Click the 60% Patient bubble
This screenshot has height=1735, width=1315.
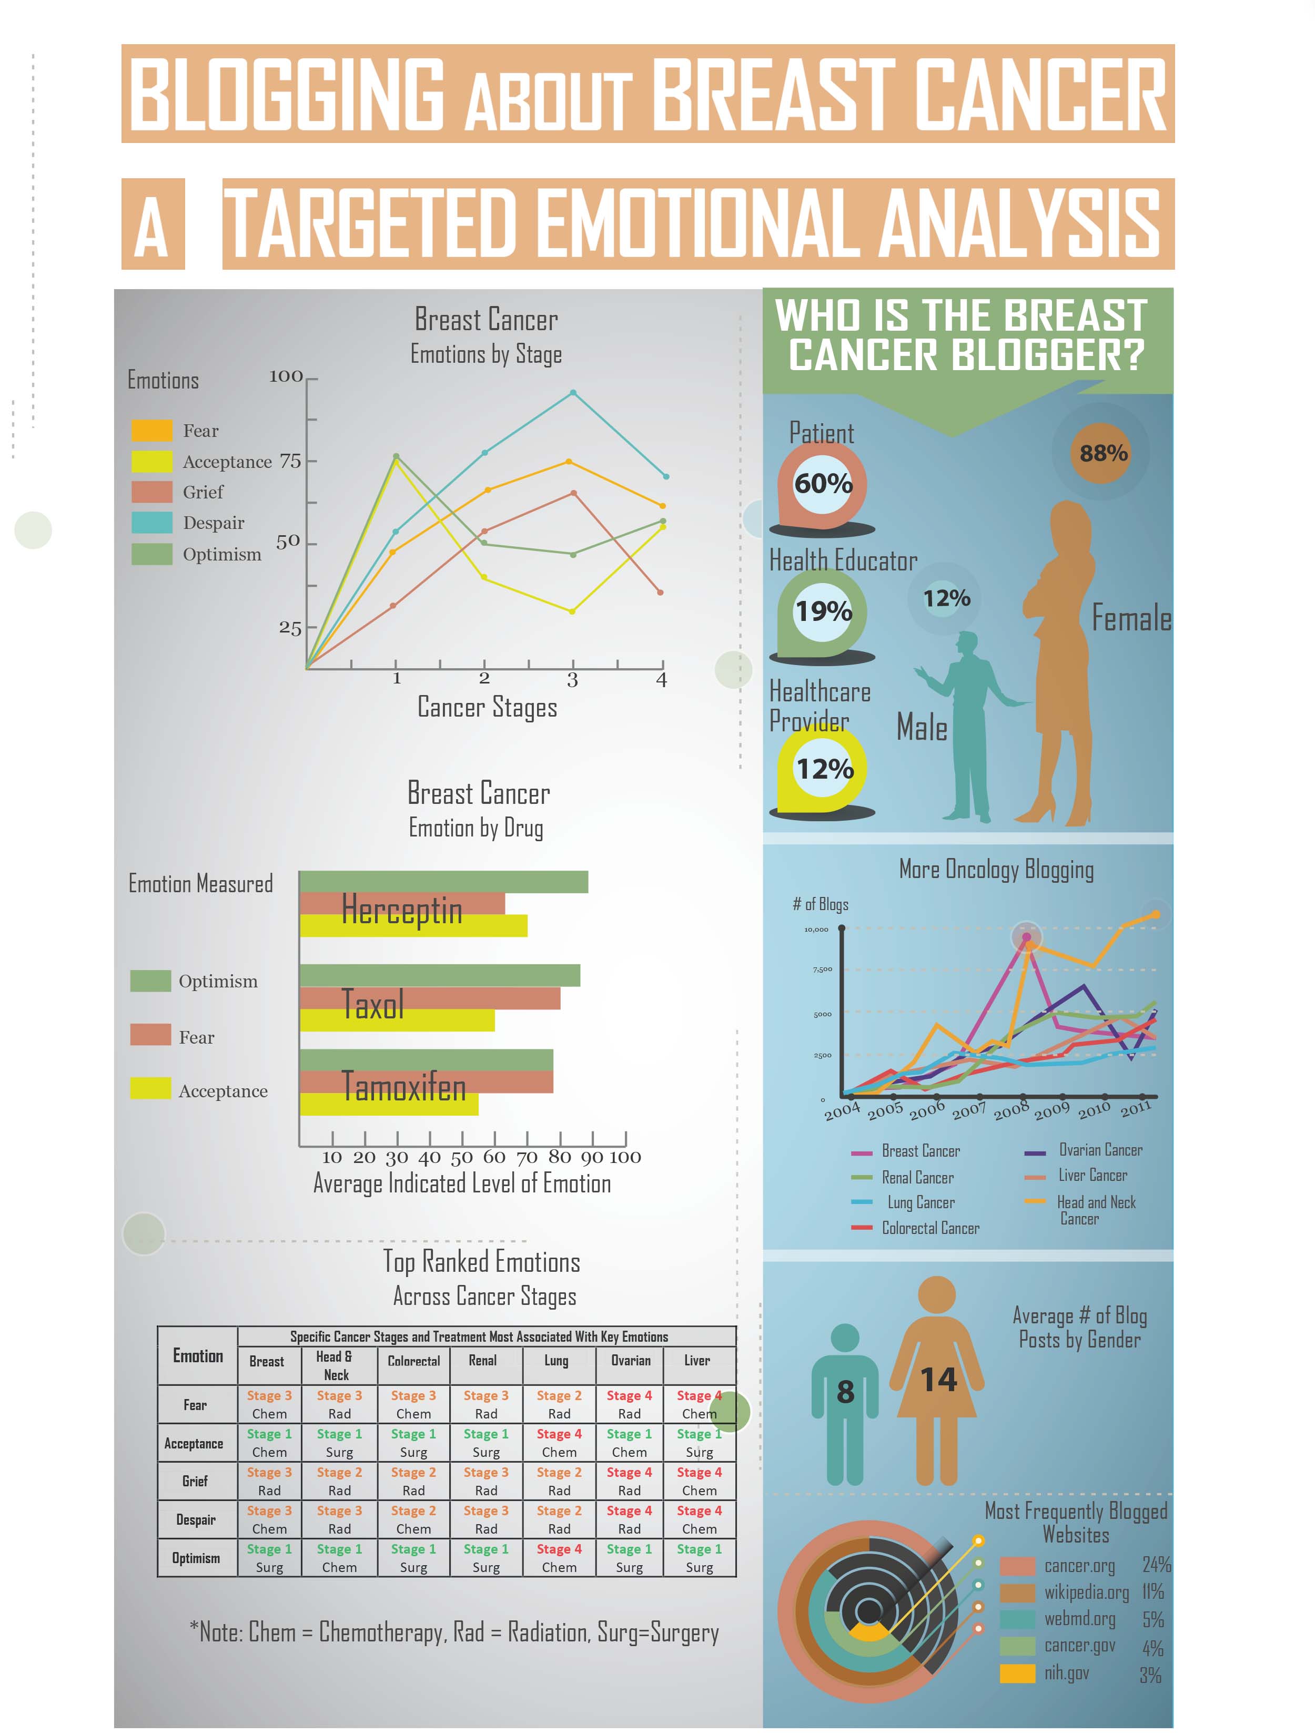point(823,483)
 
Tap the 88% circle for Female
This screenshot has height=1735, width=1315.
point(1102,453)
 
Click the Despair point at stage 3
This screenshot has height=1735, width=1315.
point(573,393)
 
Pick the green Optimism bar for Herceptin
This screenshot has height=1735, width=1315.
point(443,882)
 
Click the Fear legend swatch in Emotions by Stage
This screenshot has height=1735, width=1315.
point(152,431)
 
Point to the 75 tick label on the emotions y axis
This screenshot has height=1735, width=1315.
point(290,461)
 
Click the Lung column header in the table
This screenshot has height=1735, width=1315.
point(557,1361)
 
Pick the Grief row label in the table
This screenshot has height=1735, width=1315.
point(195,1481)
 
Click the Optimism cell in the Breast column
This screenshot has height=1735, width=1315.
point(269,1558)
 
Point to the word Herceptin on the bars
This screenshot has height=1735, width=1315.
point(402,910)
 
